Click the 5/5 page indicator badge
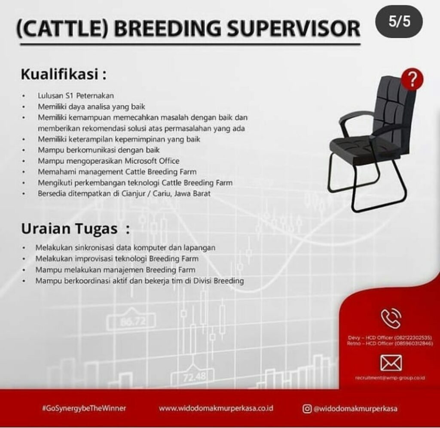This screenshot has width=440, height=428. point(399,22)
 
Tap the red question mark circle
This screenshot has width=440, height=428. point(413,79)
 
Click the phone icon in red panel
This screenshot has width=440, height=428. point(391,319)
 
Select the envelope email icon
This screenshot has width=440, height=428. point(391,364)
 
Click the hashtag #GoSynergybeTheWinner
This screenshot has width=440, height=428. point(84,408)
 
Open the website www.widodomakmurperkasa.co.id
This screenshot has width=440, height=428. point(216,408)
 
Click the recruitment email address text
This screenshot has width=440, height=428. point(390,378)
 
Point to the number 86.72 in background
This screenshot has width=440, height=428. point(133,321)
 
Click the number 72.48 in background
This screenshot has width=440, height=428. point(193,377)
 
